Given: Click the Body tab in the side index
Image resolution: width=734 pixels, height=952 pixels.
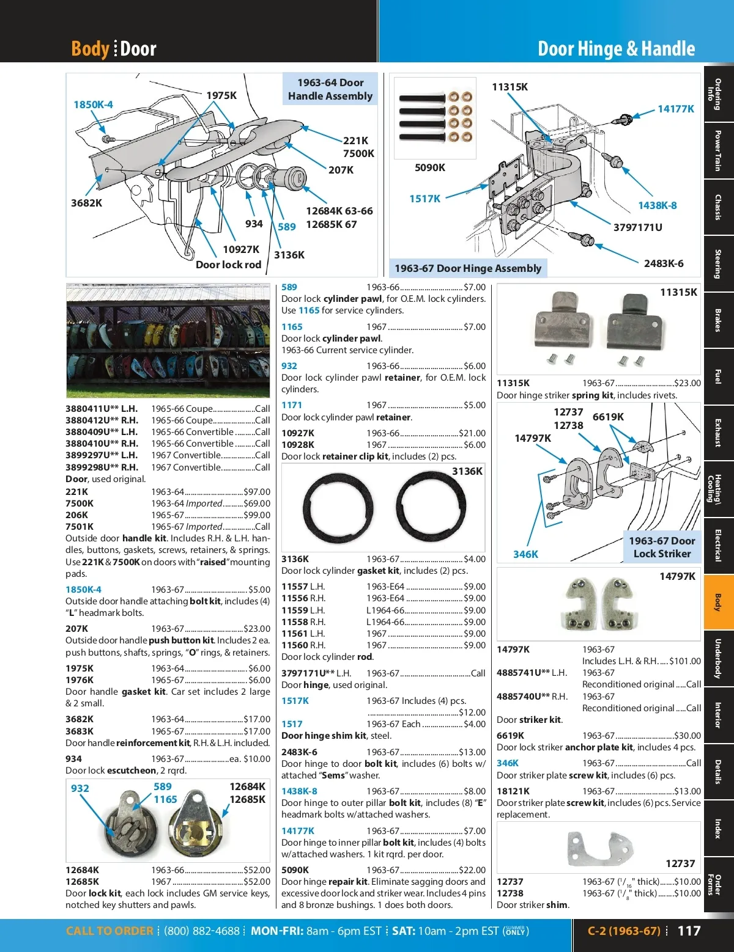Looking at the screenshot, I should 718,602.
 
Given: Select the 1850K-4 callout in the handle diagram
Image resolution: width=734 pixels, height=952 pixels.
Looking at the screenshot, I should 93,104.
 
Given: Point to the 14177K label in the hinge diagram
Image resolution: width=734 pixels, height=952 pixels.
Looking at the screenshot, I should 675,109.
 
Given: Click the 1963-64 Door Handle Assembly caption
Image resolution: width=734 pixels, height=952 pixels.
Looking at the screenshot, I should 330,89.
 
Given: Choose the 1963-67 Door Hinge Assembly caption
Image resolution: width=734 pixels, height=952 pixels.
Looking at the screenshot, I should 468,268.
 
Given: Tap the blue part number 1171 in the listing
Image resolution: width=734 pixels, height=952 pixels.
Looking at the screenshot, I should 292,405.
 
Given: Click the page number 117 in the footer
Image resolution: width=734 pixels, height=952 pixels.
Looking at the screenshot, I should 689,931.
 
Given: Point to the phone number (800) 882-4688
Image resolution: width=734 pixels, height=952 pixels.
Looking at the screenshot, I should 202,931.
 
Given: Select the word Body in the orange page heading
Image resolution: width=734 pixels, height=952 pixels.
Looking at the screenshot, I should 90,49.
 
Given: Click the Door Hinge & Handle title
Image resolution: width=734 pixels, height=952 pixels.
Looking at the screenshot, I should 616,49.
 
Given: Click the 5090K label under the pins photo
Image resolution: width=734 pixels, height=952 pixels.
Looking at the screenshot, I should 429,167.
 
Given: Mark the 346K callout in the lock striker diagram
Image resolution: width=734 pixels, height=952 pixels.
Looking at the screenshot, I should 525,554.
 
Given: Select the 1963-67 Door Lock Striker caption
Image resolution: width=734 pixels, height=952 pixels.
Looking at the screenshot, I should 662,547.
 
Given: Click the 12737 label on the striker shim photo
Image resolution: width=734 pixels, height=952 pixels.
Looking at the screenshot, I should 680,863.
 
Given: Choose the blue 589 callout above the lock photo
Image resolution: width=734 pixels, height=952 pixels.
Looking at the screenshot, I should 163,786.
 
